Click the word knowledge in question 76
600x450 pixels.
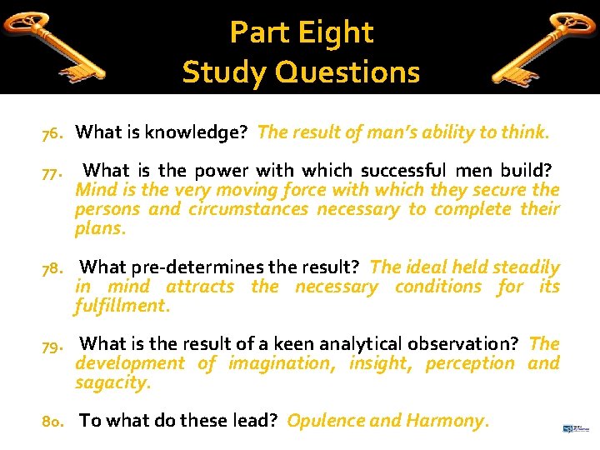197,132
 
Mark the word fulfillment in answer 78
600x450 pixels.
122,306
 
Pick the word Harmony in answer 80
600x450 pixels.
443,420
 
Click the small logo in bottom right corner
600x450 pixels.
574,427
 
